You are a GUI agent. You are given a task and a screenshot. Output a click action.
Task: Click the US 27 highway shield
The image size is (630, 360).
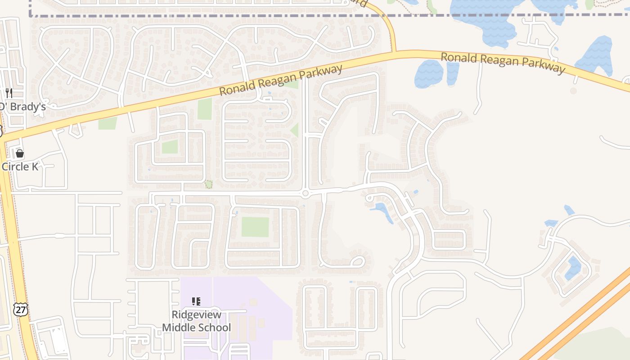[x=20, y=309]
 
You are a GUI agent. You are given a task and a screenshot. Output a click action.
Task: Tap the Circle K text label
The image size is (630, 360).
[x=20, y=166]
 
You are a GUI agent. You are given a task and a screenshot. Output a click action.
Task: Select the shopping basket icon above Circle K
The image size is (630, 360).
[x=19, y=154]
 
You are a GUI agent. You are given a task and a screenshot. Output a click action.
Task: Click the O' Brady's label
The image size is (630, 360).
[x=22, y=107]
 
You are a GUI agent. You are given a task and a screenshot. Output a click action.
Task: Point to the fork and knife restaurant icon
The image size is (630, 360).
[x=9, y=93]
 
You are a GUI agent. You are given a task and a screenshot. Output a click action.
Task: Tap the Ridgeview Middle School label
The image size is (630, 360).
[x=196, y=321]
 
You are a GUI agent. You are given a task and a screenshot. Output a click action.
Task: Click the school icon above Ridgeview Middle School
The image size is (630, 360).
[x=196, y=301]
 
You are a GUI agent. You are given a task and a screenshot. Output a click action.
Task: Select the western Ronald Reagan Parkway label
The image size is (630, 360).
[x=281, y=80]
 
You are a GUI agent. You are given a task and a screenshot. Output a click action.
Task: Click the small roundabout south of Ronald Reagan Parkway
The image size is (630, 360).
[x=306, y=193]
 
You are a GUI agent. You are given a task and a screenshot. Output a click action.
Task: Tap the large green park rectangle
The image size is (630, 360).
[x=255, y=227]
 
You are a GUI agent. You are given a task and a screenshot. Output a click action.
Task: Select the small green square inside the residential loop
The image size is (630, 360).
[x=170, y=147]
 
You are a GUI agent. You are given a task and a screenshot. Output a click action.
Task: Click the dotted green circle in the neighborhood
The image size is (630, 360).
[x=209, y=184]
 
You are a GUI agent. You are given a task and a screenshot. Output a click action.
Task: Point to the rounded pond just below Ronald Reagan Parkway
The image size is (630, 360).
[x=428, y=74]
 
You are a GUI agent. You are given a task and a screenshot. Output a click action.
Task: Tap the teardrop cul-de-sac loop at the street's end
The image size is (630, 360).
[x=358, y=261]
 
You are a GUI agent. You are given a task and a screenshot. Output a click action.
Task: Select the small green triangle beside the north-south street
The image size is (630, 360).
[x=295, y=130]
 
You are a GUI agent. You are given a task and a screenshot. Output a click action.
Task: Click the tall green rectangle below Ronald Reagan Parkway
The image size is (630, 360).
[x=205, y=109]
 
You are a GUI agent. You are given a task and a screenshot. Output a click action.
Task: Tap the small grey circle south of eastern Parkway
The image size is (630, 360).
[x=573, y=91]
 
